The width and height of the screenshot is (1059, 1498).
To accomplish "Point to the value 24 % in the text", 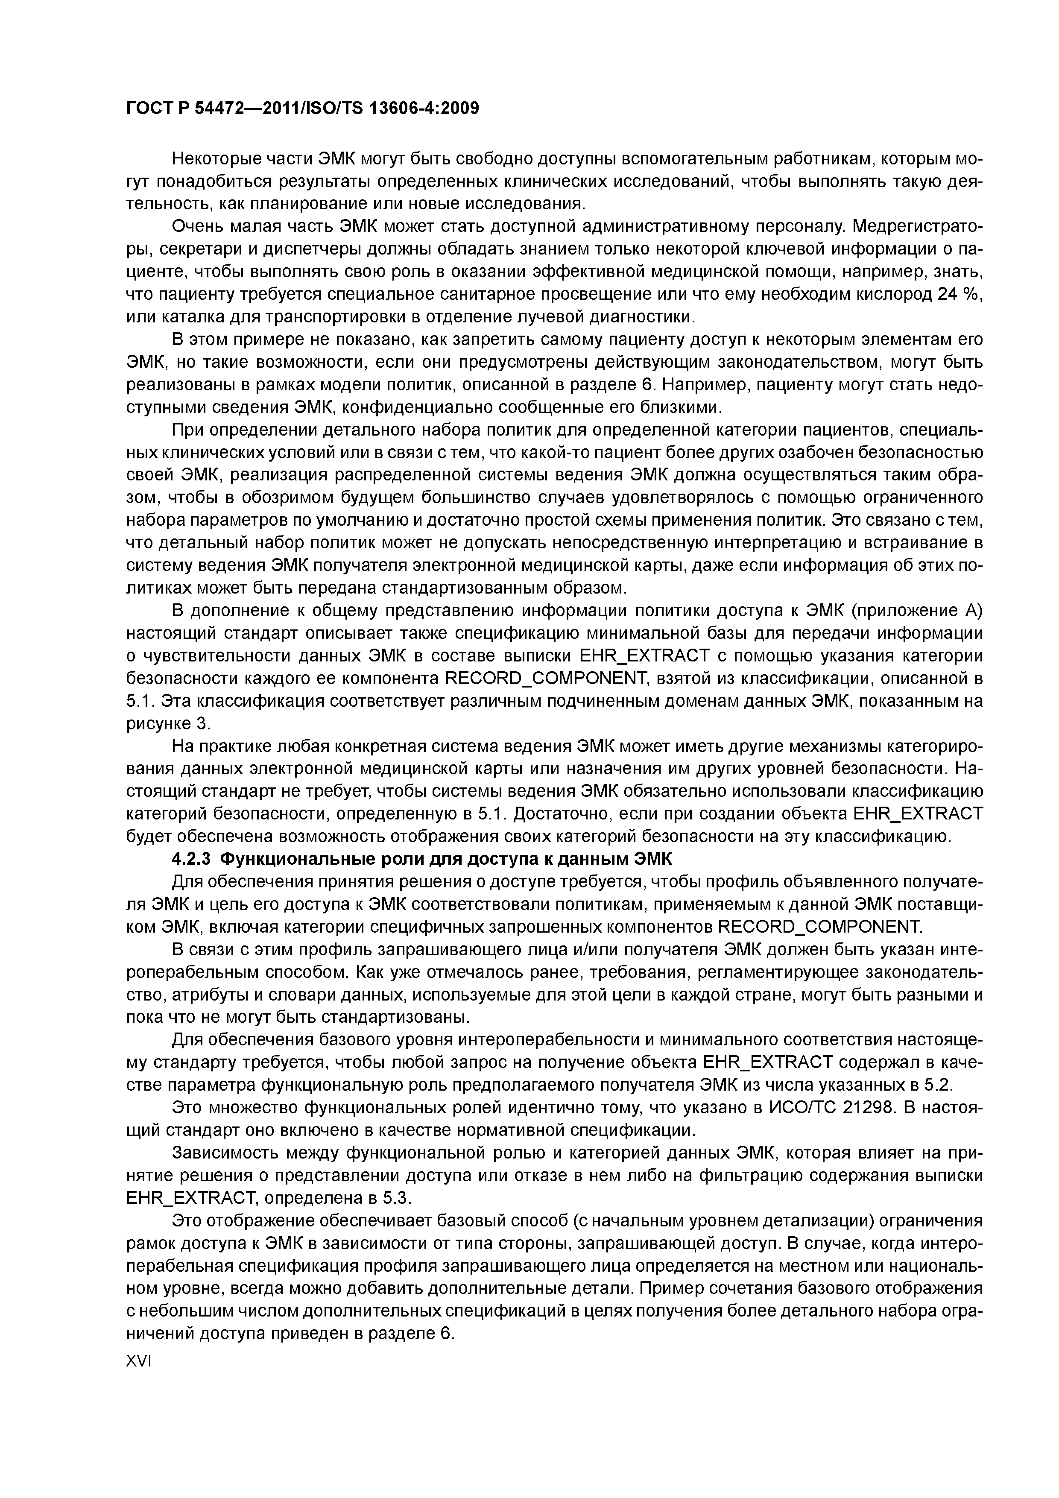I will click(959, 294).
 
